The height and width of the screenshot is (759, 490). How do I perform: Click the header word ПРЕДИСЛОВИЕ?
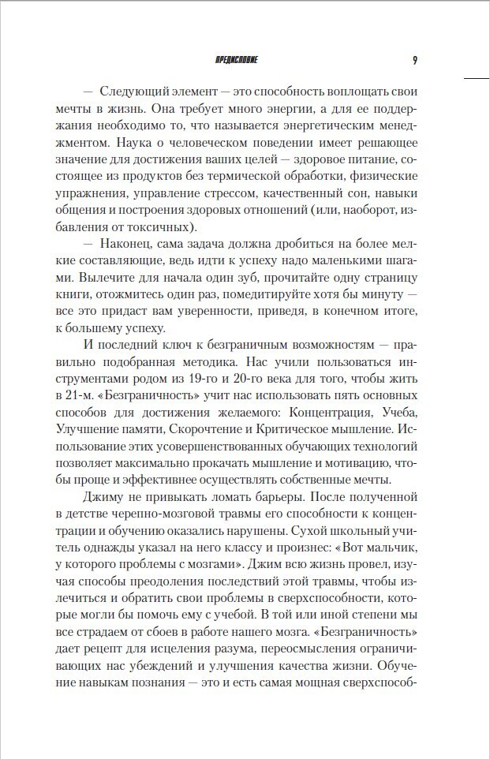pos(236,60)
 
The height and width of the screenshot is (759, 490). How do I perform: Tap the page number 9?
pos(415,60)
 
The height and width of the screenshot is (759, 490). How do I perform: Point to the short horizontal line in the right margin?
pos(477,79)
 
